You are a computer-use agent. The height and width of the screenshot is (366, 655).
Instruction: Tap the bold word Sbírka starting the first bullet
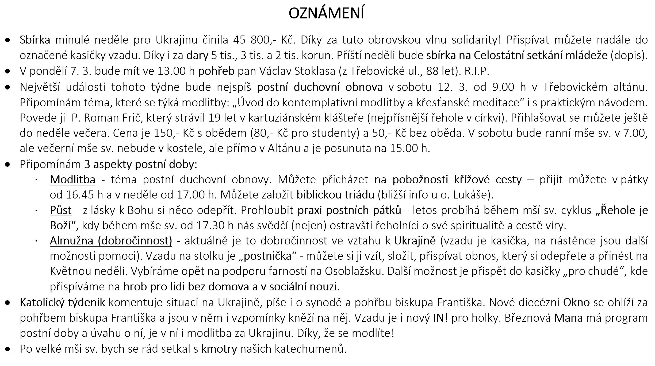35,40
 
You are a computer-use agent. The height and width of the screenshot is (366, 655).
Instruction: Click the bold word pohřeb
216,71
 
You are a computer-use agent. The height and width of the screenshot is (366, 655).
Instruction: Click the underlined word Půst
61,210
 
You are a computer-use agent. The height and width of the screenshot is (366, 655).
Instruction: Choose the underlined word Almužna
72,241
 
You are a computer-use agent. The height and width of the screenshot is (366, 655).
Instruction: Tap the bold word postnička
268,256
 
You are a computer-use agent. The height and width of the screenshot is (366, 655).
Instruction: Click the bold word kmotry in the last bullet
219,349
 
